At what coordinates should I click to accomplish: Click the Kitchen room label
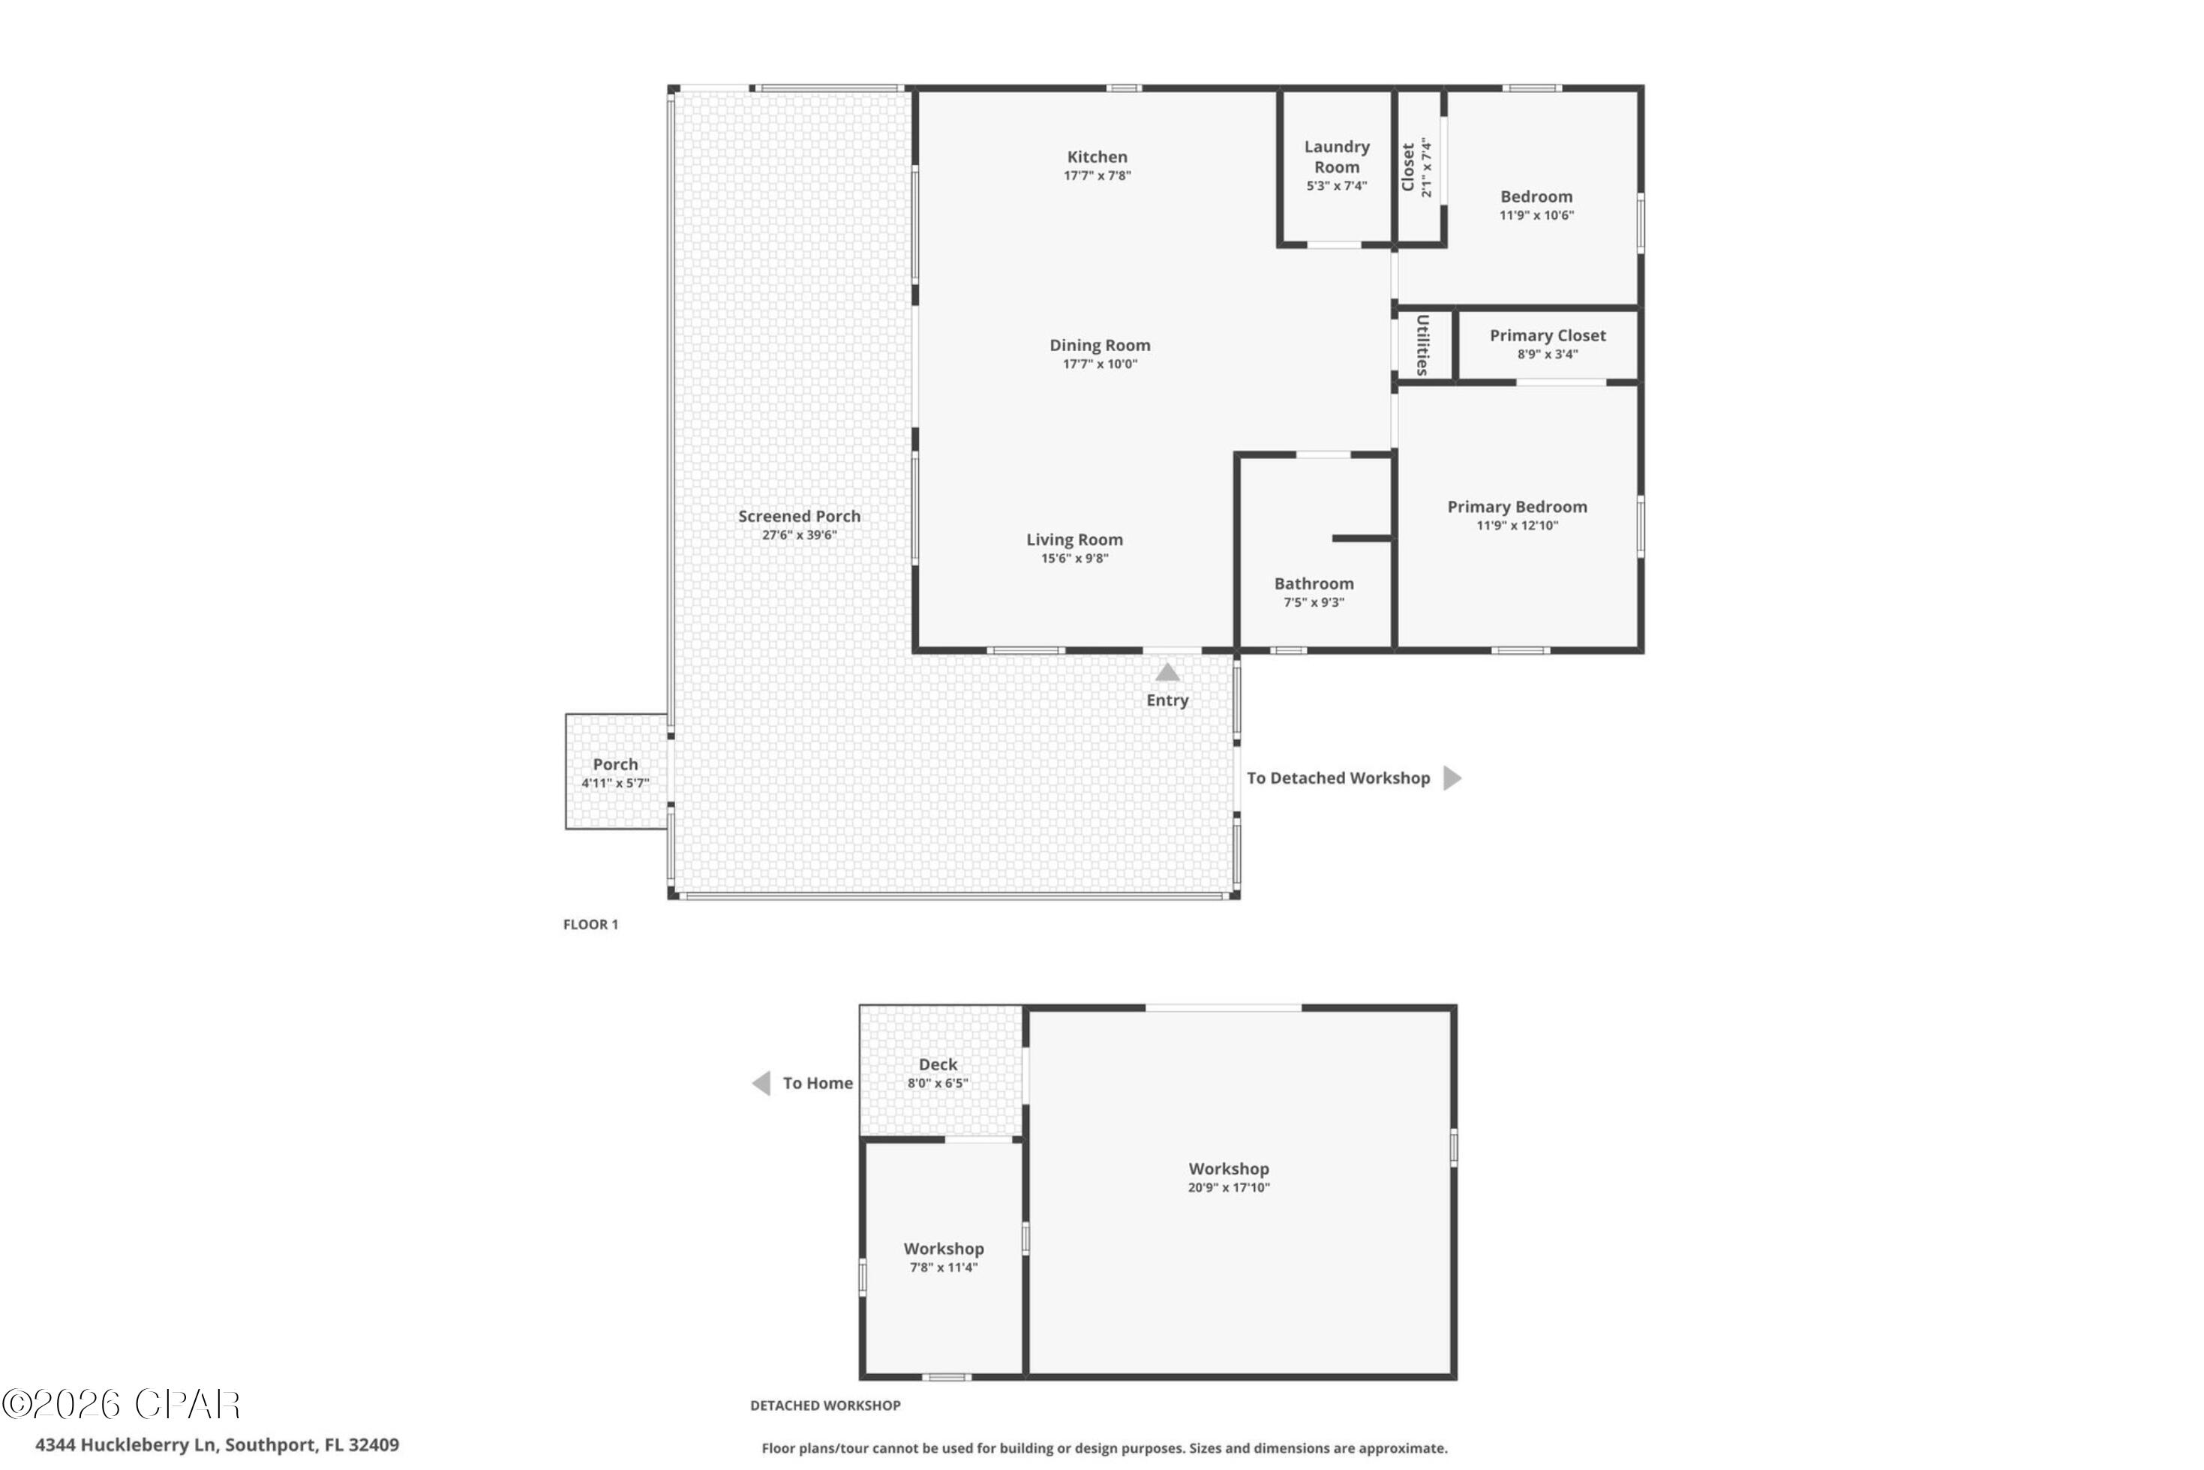[x=1097, y=157]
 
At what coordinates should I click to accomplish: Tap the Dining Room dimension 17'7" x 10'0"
[x=1099, y=364]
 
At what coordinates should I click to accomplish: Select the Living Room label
[x=1074, y=539]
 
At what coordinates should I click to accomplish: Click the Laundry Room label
[x=1336, y=157]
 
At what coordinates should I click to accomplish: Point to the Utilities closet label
[x=1422, y=344]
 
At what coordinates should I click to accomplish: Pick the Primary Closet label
[x=1547, y=336]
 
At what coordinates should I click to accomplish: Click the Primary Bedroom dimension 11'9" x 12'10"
[x=1517, y=526]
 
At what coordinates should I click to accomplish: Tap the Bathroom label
[x=1314, y=583]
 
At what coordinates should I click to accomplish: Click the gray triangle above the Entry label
[x=1167, y=672]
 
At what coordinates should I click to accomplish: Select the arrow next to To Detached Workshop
[x=1452, y=778]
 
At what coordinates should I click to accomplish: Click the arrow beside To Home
[x=761, y=1083]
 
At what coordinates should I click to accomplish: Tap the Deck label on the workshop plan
[x=938, y=1064]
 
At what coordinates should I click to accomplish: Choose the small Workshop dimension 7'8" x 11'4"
[x=943, y=1267]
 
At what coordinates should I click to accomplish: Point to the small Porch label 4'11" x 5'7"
[x=615, y=772]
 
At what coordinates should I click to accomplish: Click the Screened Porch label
[x=799, y=516]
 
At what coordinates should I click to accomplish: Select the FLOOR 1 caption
[x=590, y=924]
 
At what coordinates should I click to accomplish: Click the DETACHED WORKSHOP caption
[x=825, y=1405]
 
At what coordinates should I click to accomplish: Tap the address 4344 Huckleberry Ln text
[x=218, y=1444]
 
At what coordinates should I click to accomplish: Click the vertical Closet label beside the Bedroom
[x=1407, y=166]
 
